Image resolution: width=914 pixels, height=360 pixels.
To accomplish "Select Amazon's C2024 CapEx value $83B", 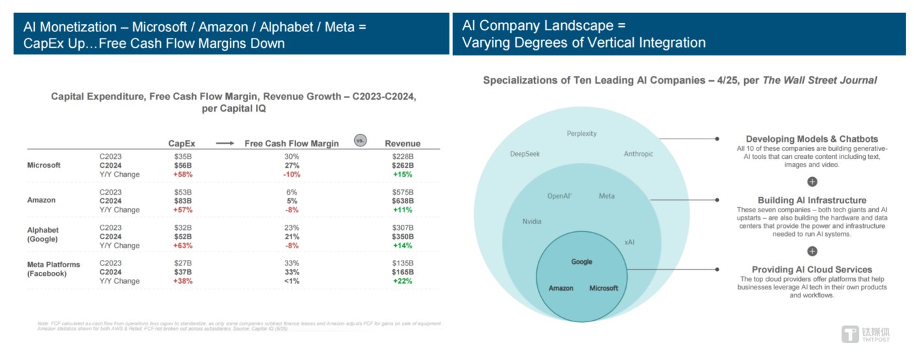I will point(182,201).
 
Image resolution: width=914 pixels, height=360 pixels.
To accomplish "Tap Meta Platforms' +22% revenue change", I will point(402,281).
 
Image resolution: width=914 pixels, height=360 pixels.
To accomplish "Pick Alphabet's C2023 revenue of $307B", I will point(402,227).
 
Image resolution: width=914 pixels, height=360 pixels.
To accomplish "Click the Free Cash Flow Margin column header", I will point(291,144).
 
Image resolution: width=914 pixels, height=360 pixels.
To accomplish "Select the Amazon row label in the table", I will point(41,201).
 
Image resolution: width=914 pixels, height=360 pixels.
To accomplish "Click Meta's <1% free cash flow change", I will point(291,281).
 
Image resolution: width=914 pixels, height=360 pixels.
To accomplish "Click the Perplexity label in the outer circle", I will point(581,134).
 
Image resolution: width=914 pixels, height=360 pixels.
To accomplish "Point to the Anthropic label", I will point(638,154).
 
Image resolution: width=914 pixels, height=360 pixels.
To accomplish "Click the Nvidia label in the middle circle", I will point(532,221).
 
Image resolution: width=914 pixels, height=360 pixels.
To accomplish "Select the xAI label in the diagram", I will point(629,242).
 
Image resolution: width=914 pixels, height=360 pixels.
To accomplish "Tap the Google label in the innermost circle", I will point(581,262).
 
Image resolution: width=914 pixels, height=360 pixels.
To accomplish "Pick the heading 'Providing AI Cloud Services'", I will point(812,269).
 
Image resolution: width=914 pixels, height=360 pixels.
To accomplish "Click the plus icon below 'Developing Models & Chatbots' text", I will point(812,182).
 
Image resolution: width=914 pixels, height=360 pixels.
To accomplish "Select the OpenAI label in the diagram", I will point(560,196).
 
